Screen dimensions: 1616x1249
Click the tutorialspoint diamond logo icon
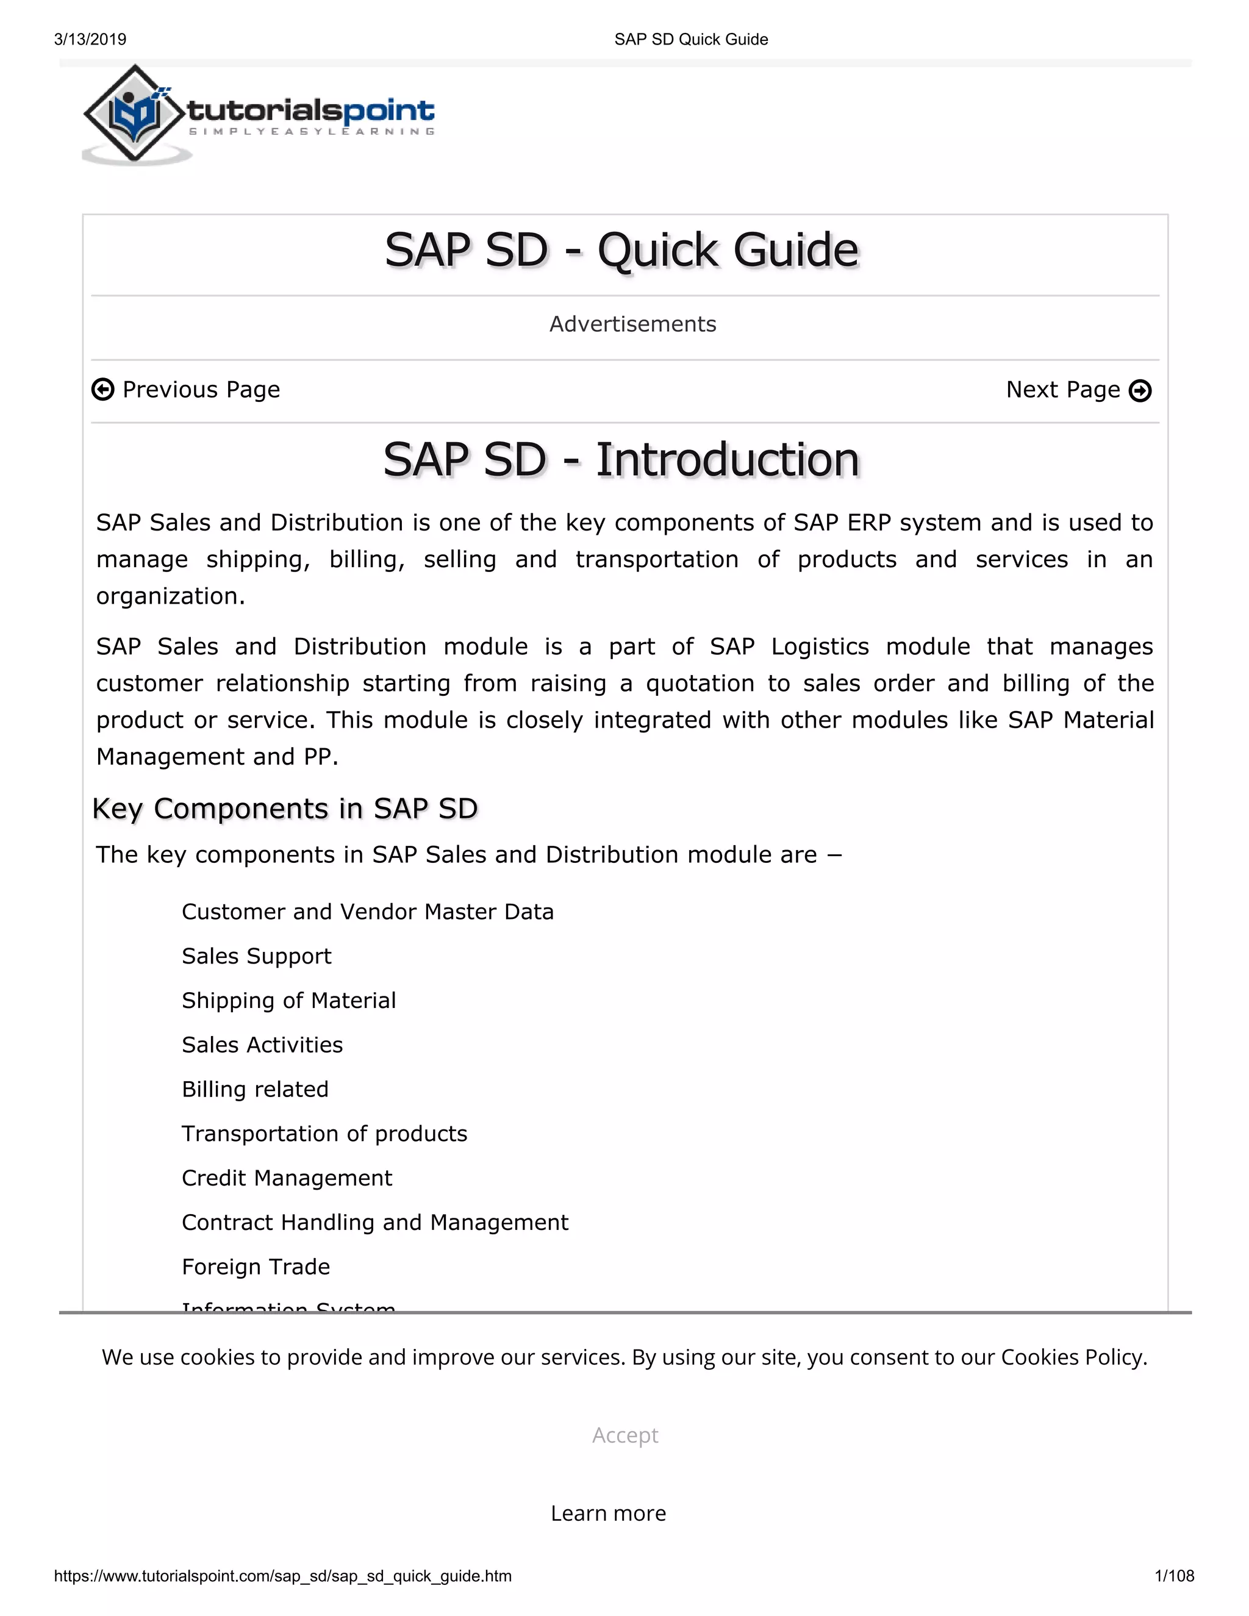click(134, 114)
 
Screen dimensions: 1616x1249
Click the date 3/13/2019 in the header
click(90, 39)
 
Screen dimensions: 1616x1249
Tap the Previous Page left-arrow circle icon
click(103, 389)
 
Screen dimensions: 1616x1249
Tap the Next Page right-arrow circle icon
click(1140, 391)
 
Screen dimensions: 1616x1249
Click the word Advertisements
click(632, 324)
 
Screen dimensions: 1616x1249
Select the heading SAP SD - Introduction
click(621, 460)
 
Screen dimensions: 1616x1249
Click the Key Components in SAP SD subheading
click(285, 809)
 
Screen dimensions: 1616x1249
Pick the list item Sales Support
click(256, 956)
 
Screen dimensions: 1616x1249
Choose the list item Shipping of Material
click(288, 1000)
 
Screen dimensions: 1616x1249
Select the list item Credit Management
click(287, 1178)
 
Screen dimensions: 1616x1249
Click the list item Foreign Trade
click(256, 1267)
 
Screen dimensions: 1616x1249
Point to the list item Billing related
click(256, 1089)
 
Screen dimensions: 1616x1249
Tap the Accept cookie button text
click(624, 1435)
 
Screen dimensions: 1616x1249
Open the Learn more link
click(608, 1513)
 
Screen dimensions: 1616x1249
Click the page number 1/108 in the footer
click(1174, 1576)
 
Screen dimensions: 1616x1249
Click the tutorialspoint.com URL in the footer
click(282, 1576)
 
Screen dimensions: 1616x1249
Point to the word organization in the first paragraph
click(169, 596)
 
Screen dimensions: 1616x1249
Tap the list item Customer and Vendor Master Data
click(368, 912)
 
